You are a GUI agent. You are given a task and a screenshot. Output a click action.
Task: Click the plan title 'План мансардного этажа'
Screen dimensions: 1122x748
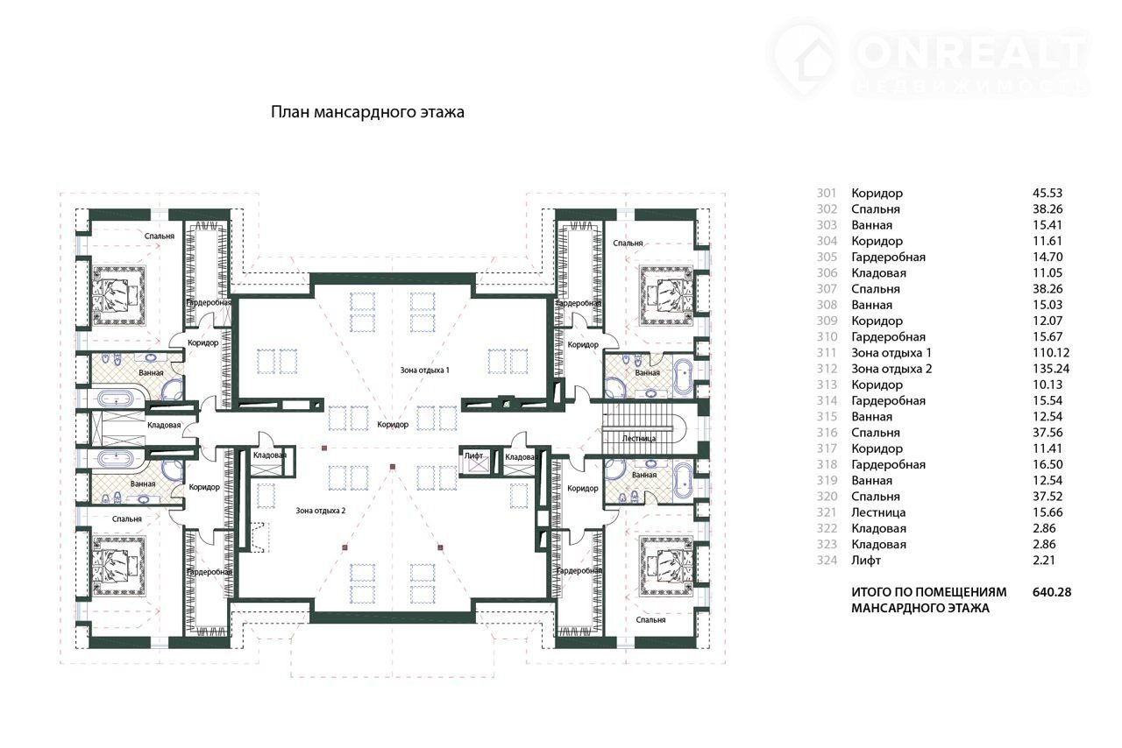(x=367, y=111)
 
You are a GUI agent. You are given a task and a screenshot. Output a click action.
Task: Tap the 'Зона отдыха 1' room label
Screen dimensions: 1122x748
(x=424, y=370)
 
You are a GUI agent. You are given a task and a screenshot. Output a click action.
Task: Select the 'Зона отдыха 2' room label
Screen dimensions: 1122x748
(x=321, y=511)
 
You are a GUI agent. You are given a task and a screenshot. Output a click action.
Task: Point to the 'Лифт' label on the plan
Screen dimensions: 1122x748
(x=473, y=455)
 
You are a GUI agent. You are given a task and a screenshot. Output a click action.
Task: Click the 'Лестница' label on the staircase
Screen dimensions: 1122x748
(x=639, y=438)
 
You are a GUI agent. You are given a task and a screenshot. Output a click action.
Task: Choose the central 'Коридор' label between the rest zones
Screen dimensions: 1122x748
(x=393, y=425)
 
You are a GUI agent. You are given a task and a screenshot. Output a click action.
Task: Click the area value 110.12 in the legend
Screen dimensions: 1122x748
(x=1051, y=352)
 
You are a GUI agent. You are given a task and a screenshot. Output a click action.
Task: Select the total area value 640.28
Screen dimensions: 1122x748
(x=1052, y=592)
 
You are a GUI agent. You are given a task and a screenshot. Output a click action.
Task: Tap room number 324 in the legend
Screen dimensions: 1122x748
(x=827, y=561)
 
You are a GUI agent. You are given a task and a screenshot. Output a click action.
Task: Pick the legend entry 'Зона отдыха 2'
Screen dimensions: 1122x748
(x=891, y=369)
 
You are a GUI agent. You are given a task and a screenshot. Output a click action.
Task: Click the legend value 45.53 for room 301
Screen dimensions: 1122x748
(x=1047, y=193)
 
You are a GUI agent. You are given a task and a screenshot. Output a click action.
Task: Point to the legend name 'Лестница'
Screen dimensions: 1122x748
(x=878, y=512)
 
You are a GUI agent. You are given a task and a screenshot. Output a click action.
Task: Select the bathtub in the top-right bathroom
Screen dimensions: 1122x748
(x=682, y=376)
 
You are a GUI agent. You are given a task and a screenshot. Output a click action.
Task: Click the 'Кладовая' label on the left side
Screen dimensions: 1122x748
(x=164, y=425)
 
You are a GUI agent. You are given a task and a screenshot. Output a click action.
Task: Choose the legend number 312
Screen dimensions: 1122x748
(x=827, y=369)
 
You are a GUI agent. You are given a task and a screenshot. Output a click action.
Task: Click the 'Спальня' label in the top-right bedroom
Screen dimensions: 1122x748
(x=628, y=243)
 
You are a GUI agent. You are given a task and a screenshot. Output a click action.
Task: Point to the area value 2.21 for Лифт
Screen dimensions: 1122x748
(x=1044, y=561)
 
